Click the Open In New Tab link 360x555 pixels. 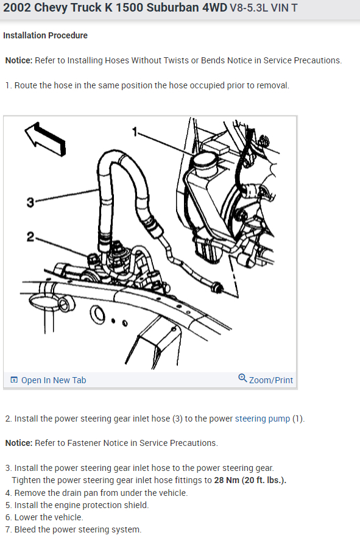tap(54, 380)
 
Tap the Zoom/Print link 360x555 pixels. tap(271, 380)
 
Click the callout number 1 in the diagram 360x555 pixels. tap(135, 131)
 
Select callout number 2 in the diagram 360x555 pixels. tap(30, 236)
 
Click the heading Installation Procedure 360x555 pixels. tap(45, 35)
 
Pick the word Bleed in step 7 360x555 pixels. tap(26, 529)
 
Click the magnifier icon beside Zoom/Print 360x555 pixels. tap(242, 379)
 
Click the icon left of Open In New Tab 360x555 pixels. tap(14, 380)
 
